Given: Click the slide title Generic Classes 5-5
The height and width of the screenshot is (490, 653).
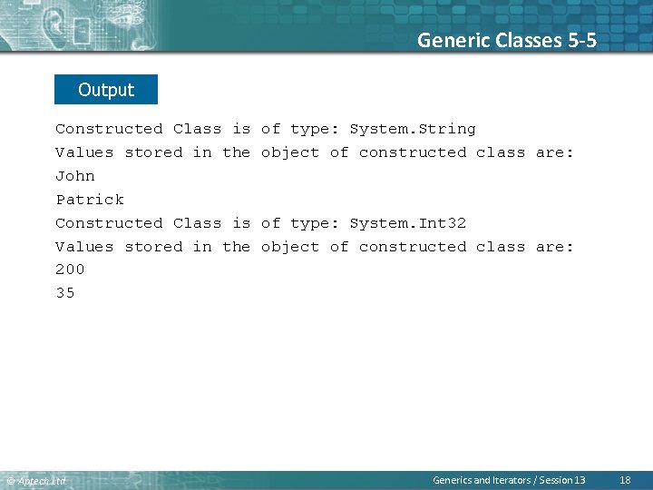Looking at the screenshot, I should (x=506, y=40).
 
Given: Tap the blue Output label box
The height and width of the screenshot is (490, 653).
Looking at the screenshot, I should (x=106, y=90).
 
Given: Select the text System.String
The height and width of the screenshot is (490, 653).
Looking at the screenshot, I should (x=412, y=129).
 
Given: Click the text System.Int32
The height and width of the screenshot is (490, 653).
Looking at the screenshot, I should (x=407, y=223).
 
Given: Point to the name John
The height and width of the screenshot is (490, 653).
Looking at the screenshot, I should (x=75, y=176).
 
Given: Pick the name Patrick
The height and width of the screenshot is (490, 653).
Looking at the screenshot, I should (x=90, y=200).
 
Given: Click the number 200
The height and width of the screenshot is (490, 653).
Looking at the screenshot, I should (x=70, y=269).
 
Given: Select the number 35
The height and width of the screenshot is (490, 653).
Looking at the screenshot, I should (x=65, y=293).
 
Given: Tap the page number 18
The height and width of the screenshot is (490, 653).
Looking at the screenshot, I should (x=624, y=480).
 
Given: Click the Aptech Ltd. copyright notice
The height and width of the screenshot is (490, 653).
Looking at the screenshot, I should (x=36, y=481).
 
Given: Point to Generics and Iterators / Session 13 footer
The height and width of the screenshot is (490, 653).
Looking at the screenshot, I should (x=509, y=480).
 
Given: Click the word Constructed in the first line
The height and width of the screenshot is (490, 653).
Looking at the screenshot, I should (x=109, y=129).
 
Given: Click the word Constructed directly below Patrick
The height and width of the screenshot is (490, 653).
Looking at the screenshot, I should (x=109, y=223).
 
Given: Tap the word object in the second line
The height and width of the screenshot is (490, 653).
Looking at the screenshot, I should (x=290, y=152).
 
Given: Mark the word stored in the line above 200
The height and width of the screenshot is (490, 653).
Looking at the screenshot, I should (x=153, y=247).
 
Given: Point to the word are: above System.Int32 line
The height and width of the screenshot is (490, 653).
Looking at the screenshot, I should (x=554, y=152).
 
